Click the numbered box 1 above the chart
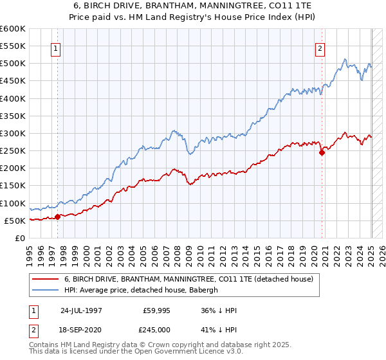[x=55, y=47]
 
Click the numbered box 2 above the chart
[x=320, y=47]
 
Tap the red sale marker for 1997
[x=57, y=217]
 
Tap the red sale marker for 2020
[x=322, y=152]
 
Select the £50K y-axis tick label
[x=15, y=221]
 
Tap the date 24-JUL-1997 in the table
[x=82, y=310]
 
